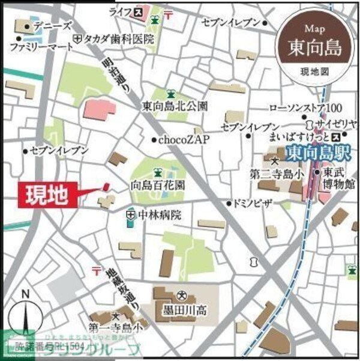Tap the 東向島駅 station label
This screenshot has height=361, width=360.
[310, 154]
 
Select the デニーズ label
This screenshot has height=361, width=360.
[53, 26]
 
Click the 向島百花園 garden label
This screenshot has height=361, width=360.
[158, 187]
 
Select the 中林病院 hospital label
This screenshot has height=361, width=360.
[158, 214]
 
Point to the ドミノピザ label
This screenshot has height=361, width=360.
[253, 203]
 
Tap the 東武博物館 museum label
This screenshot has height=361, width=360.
[340, 178]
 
